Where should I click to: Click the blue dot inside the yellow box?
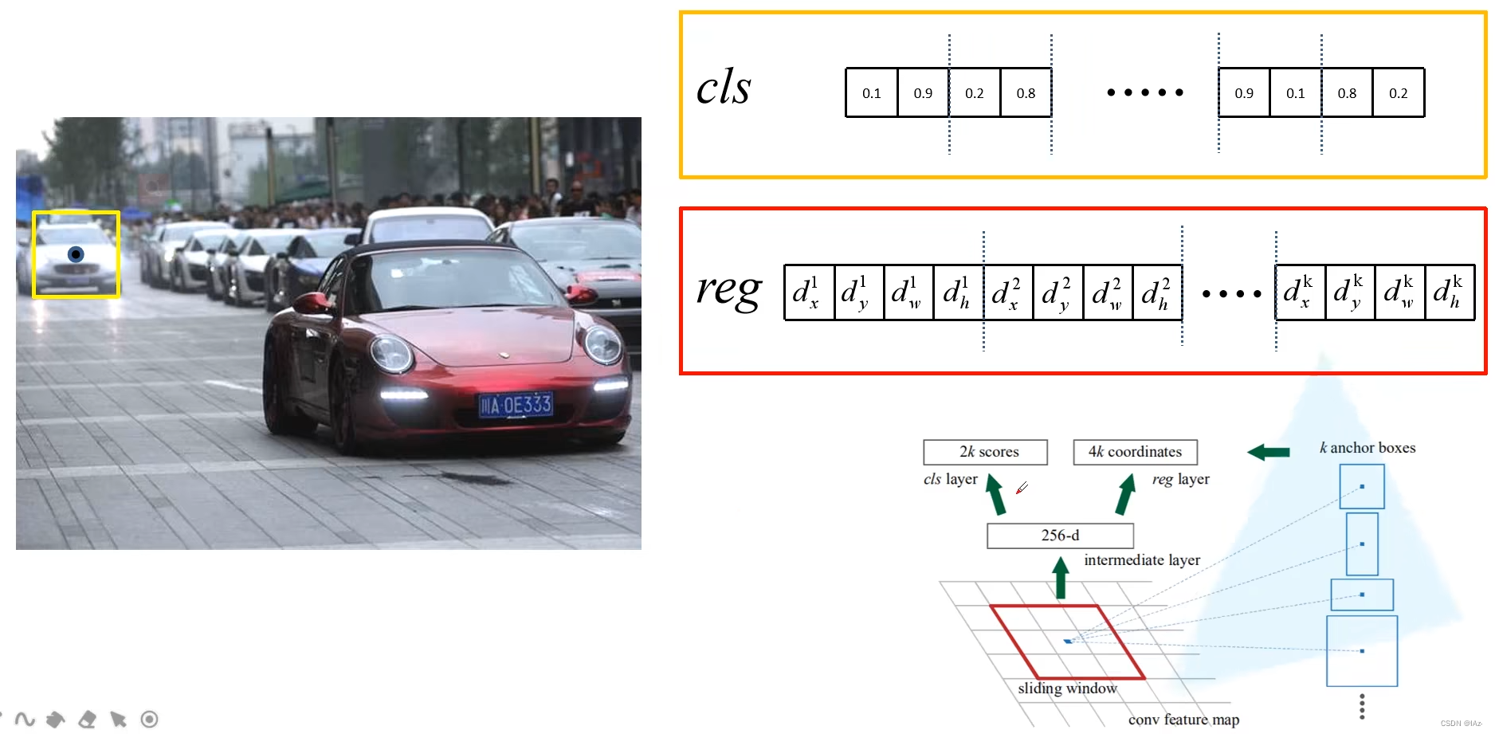pos(76,254)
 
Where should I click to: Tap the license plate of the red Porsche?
pos(515,405)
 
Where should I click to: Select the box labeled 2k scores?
pos(985,452)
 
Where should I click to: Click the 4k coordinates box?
pos(1135,452)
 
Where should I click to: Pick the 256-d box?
pos(1060,536)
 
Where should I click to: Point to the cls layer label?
pos(950,479)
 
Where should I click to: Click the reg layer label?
pos(1180,479)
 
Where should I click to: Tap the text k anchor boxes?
pos(1367,448)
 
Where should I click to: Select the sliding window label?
pos(1067,689)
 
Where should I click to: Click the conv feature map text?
pos(1183,720)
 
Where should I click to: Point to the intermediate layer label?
pos(1141,560)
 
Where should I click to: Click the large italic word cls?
pos(723,87)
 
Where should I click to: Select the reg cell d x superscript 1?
pos(809,292)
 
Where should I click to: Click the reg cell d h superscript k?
pos(1449,292)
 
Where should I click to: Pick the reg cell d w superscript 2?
pos(1107,292)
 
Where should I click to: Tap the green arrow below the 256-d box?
pos(1060,578)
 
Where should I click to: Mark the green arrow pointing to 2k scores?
pos(995,494)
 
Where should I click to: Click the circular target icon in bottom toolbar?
pos(149,720)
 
